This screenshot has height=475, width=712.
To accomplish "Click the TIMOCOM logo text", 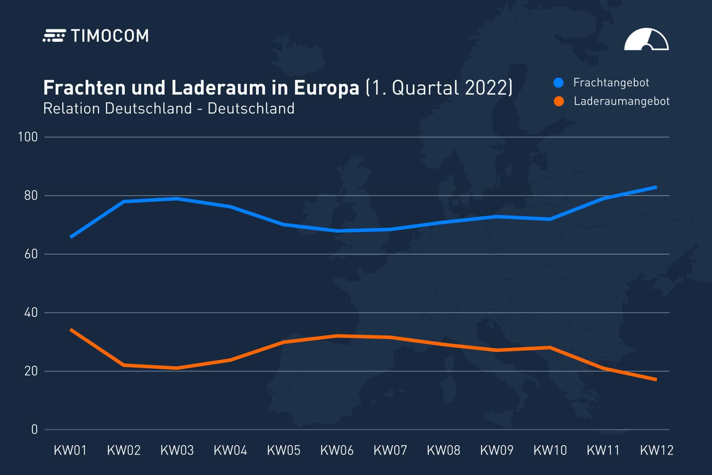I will [110, 36].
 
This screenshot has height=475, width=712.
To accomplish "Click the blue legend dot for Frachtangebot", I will [558, 83].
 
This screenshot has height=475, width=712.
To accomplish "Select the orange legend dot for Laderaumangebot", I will [558, 101].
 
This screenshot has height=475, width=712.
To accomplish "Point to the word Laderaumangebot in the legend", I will [622, 101].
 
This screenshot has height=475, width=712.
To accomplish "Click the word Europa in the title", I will [326, 88].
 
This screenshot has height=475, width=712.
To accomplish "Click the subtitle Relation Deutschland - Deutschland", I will [169, 109].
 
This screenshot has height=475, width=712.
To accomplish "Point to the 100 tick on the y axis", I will [28, 137].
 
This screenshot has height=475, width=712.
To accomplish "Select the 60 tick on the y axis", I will [31, 254].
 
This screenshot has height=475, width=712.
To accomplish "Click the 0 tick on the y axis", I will [34, 429].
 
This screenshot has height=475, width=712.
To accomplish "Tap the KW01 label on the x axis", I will [70, 451].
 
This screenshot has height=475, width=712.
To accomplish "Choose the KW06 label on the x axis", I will [337, 451].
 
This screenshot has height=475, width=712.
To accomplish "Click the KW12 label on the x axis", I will [657, 451].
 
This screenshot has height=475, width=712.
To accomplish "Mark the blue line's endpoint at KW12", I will [656, 187].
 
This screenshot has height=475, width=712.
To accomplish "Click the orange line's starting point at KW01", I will [71, 329].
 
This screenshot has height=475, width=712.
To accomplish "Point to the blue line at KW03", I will [177, 199].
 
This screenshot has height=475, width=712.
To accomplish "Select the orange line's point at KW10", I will [550, 348].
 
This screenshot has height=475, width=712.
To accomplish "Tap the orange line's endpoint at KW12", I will [656, 380].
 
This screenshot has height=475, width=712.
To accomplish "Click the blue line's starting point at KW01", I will [71, 237].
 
